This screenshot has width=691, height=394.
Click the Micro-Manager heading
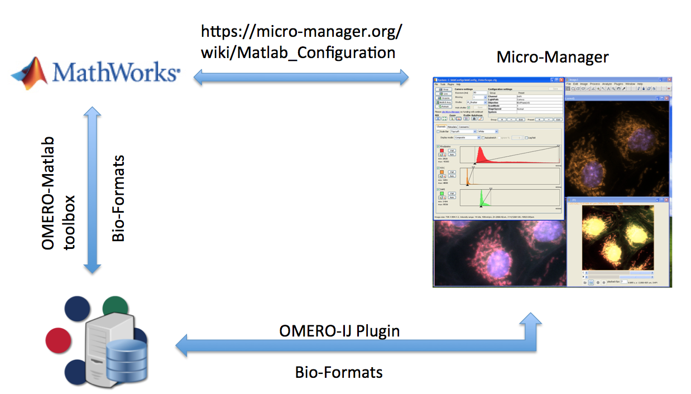click(552, 57)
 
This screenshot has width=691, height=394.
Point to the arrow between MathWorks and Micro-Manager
click(301, 77)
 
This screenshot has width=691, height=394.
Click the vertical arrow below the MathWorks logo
click(92, 190)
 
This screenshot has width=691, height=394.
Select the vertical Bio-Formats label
click(118, 198)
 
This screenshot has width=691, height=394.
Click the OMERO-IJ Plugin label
click(339, 330)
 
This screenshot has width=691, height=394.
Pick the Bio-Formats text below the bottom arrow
click(339, 372)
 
